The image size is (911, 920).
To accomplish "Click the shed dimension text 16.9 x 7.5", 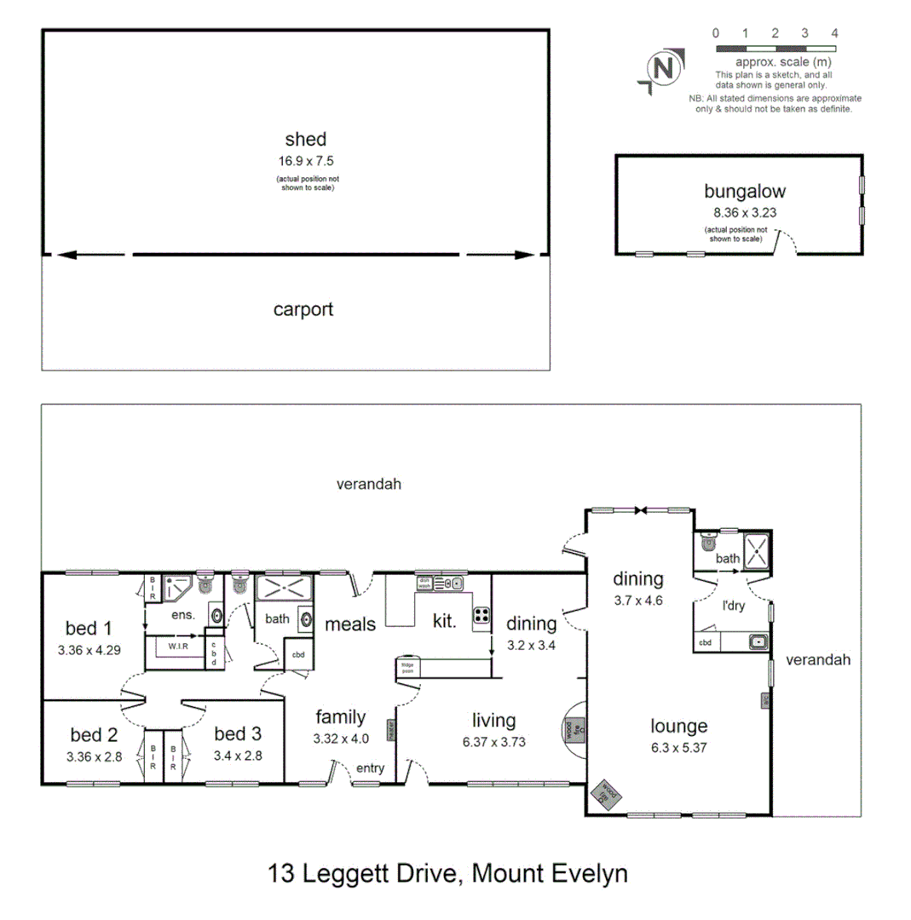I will click(x=305, y=160).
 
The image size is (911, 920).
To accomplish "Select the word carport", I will click(x=303, y=310).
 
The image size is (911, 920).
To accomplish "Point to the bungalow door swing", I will click(x=785, y=244).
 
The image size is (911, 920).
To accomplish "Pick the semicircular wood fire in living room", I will click(x=573, y=729).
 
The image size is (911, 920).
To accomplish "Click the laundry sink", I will click(x=757, y=642).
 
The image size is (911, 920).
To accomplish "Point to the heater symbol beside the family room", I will click(x=391, y=730).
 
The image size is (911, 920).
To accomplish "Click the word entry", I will click(x=370, y=768).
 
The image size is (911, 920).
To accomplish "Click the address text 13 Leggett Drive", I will click(x=366, y=873).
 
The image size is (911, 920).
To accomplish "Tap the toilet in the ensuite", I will click(x=205, y=584).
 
